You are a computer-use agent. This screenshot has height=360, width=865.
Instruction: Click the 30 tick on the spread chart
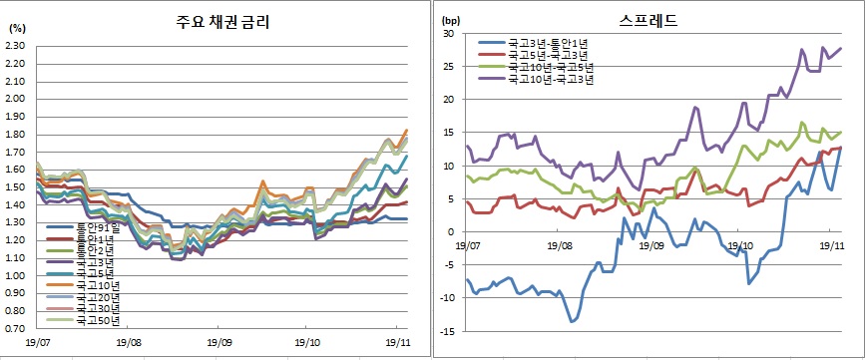pos(449,34)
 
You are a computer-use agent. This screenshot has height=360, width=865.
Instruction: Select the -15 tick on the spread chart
pos(447,332)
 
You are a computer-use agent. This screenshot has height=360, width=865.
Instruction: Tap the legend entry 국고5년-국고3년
pos(550,55)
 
